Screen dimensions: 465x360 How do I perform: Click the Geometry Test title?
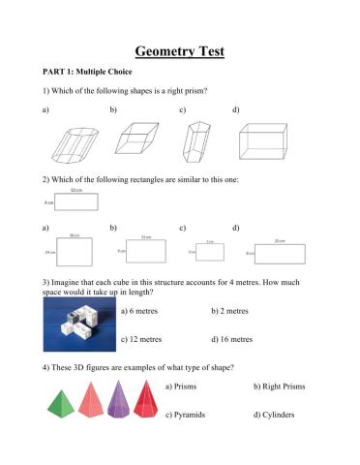[x=180, y=49]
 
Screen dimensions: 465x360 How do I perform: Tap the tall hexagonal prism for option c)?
[x=197, y=139]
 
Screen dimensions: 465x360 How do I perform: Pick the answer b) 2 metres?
[x=231, y=312]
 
